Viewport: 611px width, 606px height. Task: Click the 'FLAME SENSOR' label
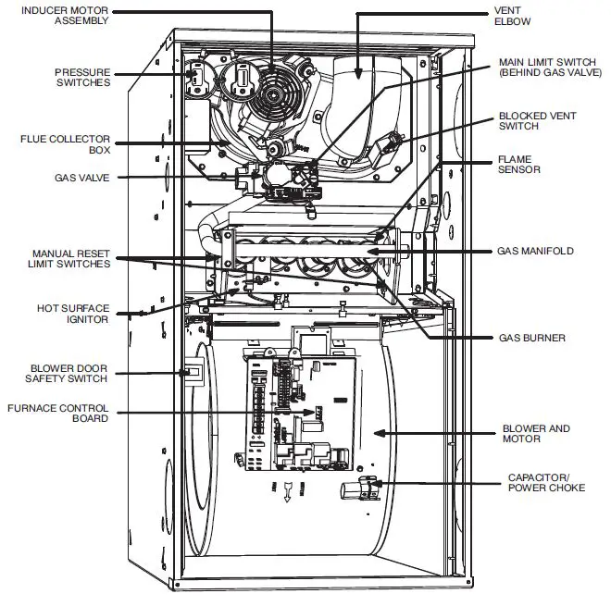pyautogui.click(x=519, y=165)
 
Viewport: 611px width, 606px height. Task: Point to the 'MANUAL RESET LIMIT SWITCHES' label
pyautogui.click(x=71, y=257)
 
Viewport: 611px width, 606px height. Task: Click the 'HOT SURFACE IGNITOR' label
pyautogui.click(x=74, y=313)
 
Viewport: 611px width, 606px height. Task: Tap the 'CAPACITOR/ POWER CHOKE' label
pyautogui.click(x=546, y=482)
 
